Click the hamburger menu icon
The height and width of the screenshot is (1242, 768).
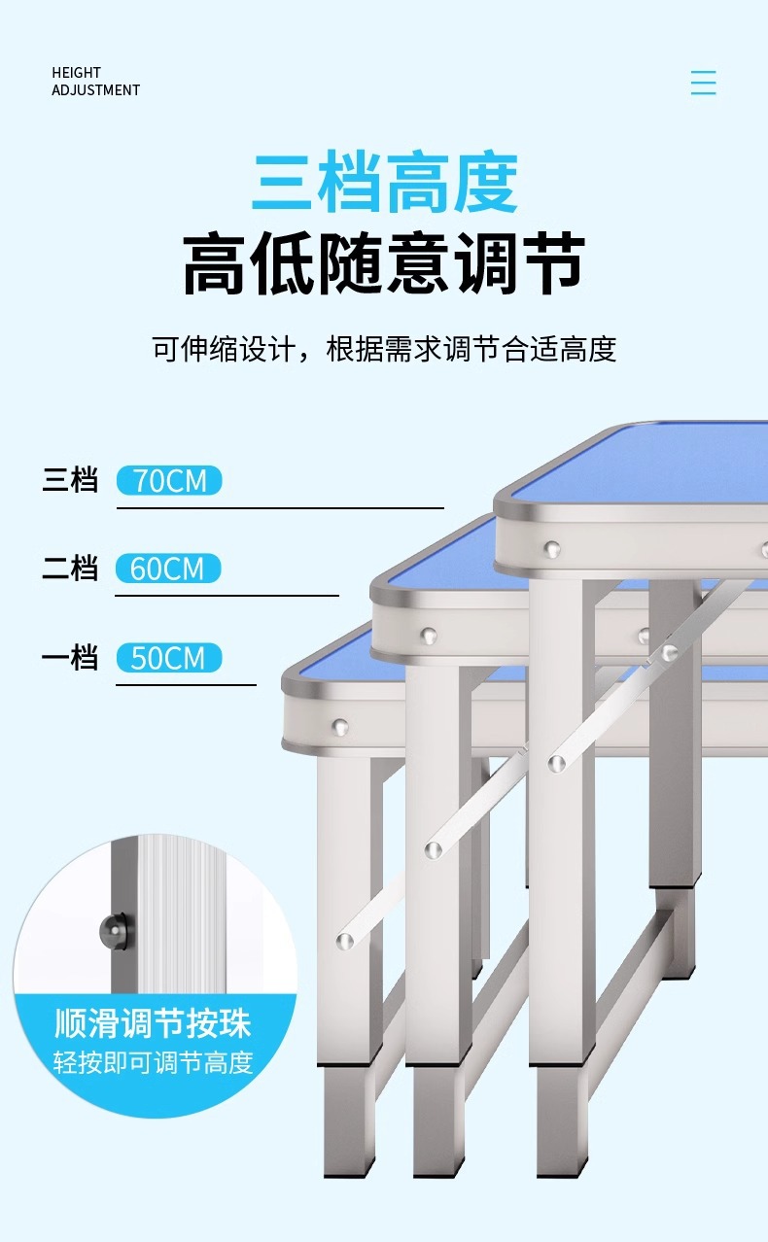(703, 83)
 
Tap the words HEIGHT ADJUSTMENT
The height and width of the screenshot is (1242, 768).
(95, 82)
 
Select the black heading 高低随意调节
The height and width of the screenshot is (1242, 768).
(384, 264)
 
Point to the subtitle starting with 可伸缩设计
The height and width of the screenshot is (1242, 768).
(384, 349)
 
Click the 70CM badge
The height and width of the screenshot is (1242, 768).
(169, 480)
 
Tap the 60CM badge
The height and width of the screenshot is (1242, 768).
(168, 569)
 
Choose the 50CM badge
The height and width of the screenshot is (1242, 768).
(168, 658)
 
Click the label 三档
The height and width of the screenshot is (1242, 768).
(70, 480)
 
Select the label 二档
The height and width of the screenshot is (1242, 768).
(70, 569)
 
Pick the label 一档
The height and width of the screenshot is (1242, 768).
(70, 658)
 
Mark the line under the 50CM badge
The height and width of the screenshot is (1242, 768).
(186, 685)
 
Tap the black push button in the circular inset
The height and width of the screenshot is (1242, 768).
(115, 931)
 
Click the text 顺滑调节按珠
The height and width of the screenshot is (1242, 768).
(153, 1023)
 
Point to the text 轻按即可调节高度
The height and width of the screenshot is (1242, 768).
(153, 1062)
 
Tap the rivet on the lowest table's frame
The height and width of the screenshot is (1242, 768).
(339, 725)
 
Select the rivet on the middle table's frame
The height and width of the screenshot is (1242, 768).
(428, 636)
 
